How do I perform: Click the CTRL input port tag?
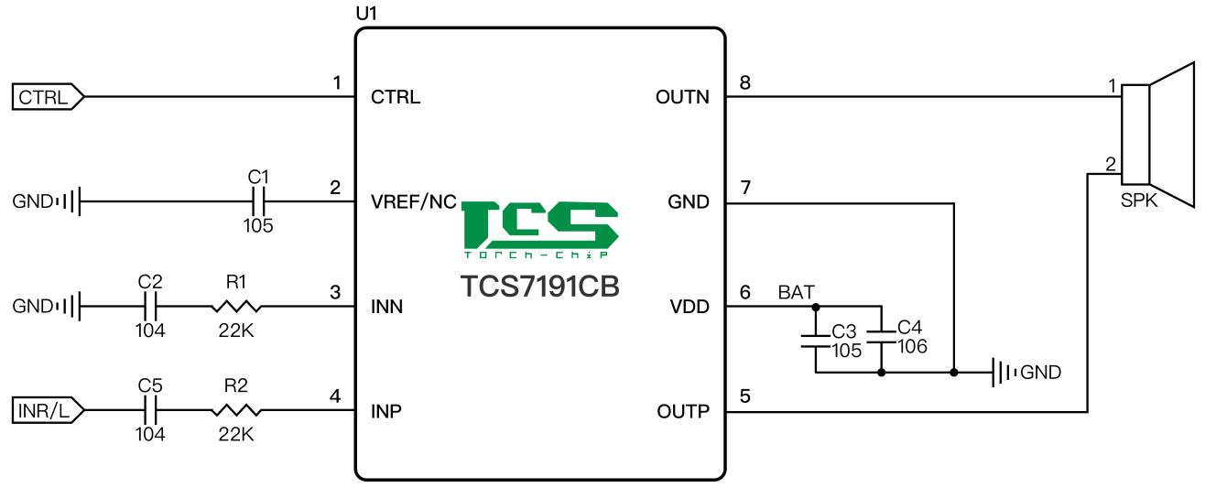(x=46, y=96)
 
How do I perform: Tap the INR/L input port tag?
(x=46, y=412)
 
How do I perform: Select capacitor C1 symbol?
(x=259, y=201)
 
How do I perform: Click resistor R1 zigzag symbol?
(x=236, y=307)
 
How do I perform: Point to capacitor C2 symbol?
(x=150, y=307)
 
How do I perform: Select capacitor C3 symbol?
(x=814, y=340)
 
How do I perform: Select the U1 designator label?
(x=365, y=15)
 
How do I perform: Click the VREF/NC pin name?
(x=413, y=202)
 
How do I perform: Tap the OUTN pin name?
(x=682, y=96)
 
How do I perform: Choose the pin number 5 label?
(x=744, y=397)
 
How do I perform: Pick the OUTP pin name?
(x=682, y=412)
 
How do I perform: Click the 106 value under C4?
(x=912, y=346)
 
